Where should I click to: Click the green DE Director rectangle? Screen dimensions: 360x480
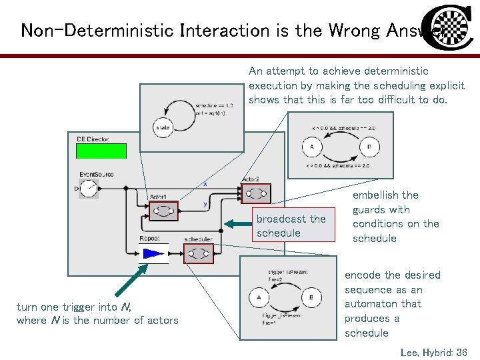(x=101, y=151)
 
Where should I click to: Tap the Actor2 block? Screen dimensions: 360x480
(x=255, y=194)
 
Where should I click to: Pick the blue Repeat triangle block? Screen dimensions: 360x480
(x=153, y=253)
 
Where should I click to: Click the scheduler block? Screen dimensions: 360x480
(x=198, y=253)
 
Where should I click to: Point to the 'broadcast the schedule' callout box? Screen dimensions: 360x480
(x=291, y=226)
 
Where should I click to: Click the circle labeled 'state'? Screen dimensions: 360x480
(x=163, y=127)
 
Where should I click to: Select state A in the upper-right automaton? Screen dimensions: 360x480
(x=311, y=147)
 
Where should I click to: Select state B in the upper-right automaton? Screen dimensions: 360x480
(x=369, y=147)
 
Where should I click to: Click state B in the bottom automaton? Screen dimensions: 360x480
(x=312, y=297)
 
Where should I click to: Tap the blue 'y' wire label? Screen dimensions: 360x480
(x=205, y=204)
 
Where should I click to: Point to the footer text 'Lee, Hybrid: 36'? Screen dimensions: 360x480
(x=434, y=351)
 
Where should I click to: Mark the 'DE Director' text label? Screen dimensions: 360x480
(x=93, y=139)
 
